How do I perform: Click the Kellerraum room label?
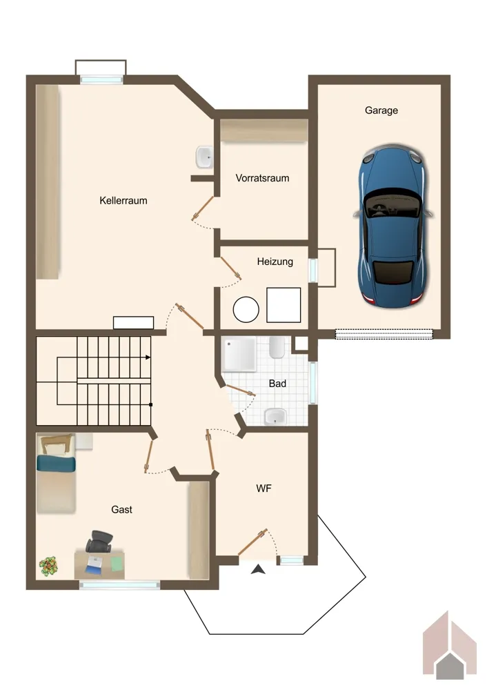(x=123, y=201)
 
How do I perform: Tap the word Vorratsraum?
(x=262, y=178)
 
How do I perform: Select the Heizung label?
(x=275, y=262)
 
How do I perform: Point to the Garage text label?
(x=381, y=110)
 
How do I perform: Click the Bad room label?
(x=277, y=384)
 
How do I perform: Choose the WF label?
(x=264, y=489)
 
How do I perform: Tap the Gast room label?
(x=121, y=510)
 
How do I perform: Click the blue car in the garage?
(x=393, y=226)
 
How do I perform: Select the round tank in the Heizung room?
(x=246, y=310)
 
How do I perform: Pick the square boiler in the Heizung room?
(x=284, y=305)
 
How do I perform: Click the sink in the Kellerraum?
(x=204, y=157)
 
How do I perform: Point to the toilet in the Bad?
(x=277, y=348)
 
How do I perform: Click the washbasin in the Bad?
(x=275, y=417)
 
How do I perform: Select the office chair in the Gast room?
(x=99, y=542)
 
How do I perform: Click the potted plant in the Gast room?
(x=48, y=566)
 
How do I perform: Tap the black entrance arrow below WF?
(x=258, y=569)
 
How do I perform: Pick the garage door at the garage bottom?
(x=384, y=334)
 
